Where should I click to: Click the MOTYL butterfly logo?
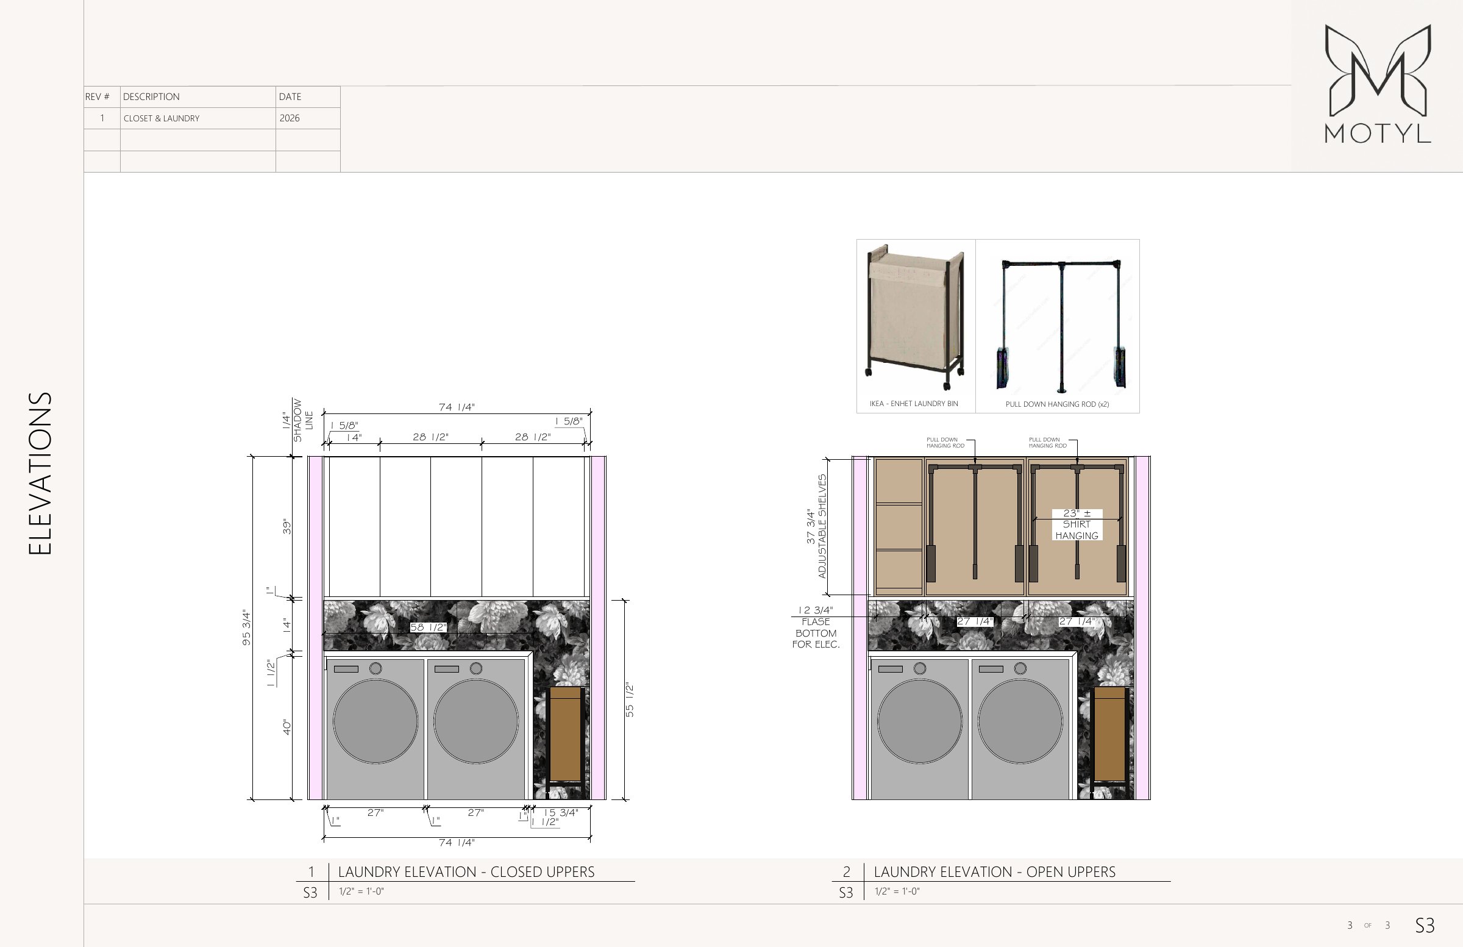point(1378,70)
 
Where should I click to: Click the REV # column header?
point(97,96)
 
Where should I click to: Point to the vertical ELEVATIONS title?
point(40,473)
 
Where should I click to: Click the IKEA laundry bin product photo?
point(916,317)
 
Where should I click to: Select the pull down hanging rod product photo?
point(1062,326)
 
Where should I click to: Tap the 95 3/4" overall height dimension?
point(246,628)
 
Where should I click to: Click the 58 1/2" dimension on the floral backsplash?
point(428,627)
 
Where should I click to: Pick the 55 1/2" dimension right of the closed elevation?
point(630,700)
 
